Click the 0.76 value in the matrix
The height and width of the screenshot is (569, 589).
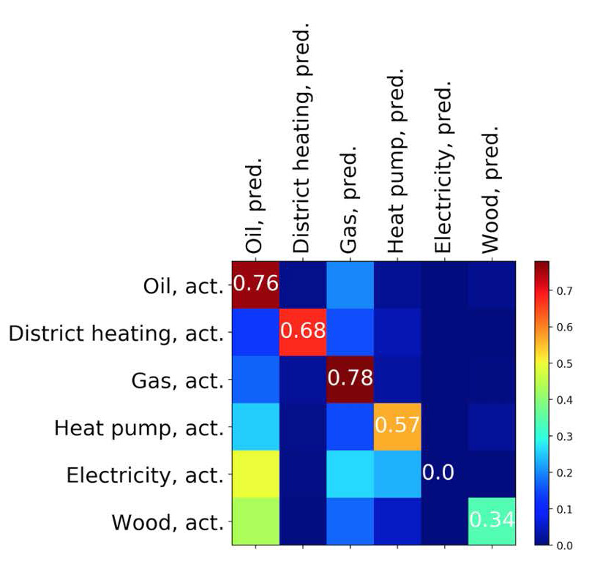coord(256,284)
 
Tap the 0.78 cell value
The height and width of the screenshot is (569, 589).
coord(350,378)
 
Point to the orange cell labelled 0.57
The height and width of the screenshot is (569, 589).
coord(397,426)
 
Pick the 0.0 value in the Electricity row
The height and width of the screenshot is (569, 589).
coord(439,472)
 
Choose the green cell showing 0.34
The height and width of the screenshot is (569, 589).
coord(492,520)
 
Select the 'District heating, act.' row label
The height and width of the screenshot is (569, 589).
coord(116,333)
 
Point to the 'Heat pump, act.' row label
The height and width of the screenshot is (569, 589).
coord(138,427)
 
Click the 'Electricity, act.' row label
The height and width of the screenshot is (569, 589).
coord(144,475)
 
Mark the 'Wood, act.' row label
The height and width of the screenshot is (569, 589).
coord(168,522)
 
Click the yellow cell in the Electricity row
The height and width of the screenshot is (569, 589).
coord(256,472)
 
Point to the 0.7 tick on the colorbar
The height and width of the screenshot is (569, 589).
coord(563,291)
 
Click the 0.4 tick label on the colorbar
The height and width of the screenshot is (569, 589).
coord(563,400)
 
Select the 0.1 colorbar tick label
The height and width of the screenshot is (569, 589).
coord(563,509)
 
